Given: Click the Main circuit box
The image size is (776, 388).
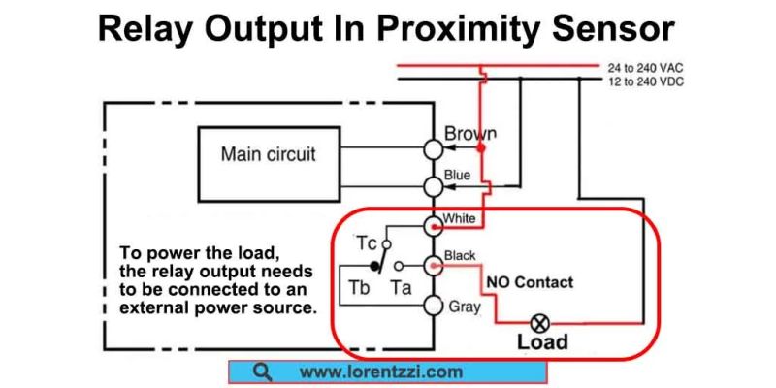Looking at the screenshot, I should [268, 153].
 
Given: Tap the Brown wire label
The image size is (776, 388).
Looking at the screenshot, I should [470, 133].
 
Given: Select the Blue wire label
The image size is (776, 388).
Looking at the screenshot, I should [457, 175].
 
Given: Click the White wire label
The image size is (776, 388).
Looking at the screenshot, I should [459, 218].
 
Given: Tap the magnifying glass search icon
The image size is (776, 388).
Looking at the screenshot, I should [260, 372].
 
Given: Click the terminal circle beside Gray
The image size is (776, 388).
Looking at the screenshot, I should [433, 306].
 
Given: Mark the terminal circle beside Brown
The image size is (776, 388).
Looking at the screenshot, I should [433, 147].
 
